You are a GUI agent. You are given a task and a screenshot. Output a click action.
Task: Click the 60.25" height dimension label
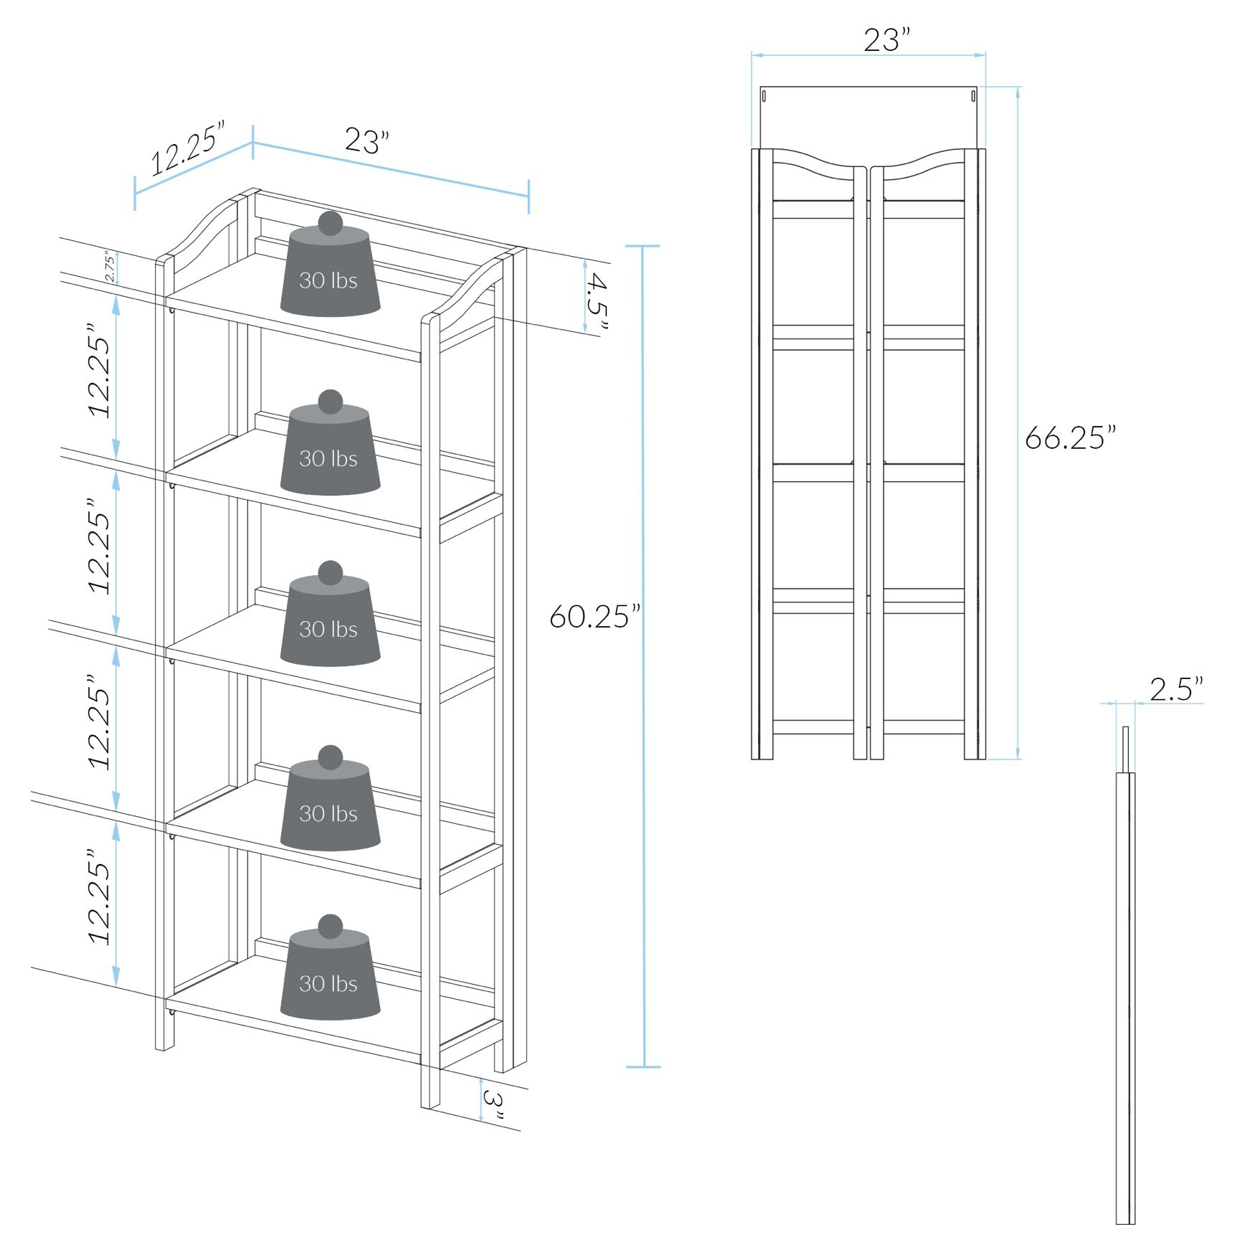tap(595, 617)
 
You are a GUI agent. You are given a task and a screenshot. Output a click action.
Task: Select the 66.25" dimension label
tap(1070, 437)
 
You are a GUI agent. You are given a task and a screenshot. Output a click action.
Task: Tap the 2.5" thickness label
tap(1176, 689)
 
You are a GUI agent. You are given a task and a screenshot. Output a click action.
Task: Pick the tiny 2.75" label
tap(109, 266)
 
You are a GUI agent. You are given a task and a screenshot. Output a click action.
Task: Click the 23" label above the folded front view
tap(886, 40)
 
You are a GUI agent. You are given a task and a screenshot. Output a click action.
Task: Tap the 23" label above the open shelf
tap(366, 141)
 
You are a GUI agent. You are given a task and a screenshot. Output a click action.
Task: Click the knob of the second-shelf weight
tap(330, 402)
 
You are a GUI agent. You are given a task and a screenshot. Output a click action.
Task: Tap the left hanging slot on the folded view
tap(764, 95)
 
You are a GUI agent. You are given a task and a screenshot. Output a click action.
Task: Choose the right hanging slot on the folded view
tap(973, 95)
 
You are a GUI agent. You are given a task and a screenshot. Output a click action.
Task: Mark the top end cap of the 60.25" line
tap(643, 246)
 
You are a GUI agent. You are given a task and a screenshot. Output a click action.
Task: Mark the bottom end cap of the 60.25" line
tap(643, 1067)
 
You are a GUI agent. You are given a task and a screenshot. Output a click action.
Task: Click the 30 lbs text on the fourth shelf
tap(328, 814)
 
